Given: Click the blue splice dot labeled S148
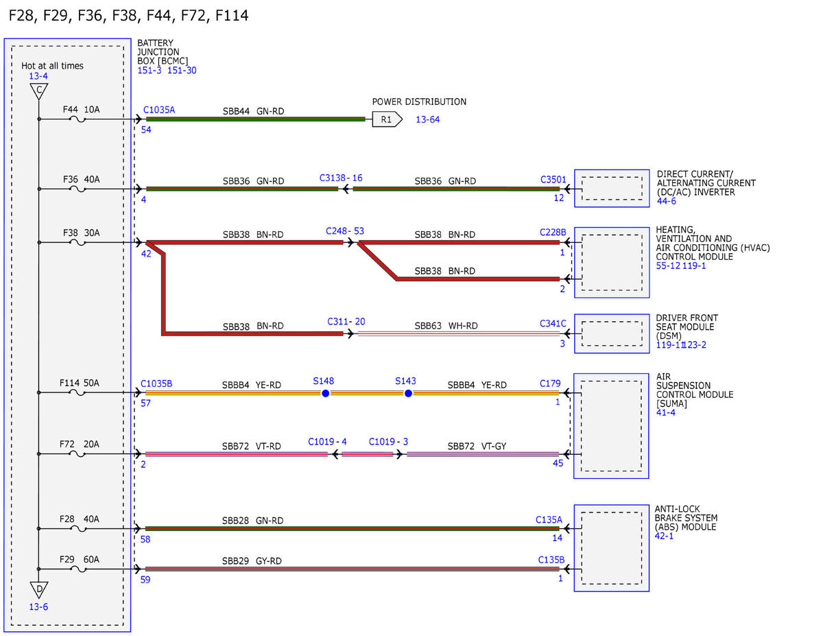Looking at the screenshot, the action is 325,394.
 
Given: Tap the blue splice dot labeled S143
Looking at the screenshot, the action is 408,394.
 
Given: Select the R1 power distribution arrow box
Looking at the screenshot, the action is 387,119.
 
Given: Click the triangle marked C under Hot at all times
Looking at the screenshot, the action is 39,91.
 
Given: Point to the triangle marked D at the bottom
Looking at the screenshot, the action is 39,590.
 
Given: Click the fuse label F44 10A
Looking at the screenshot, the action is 82,110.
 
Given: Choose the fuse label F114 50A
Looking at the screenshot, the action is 80,383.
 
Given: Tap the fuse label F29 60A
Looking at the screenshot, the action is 80,559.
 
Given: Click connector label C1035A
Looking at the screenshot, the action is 159,110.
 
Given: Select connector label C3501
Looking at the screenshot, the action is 553,180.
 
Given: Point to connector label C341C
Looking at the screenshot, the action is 553,324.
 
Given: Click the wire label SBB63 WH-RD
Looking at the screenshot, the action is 446,326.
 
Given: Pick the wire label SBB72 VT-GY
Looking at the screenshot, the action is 477,446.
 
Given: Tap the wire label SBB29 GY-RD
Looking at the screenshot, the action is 252,561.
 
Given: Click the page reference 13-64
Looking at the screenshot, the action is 428,119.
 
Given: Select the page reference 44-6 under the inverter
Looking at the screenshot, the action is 667,201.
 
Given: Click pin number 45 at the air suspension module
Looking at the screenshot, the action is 558,463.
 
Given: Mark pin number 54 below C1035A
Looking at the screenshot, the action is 146,130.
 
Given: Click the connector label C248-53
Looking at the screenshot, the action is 345,231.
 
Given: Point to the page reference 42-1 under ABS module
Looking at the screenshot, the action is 665,536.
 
